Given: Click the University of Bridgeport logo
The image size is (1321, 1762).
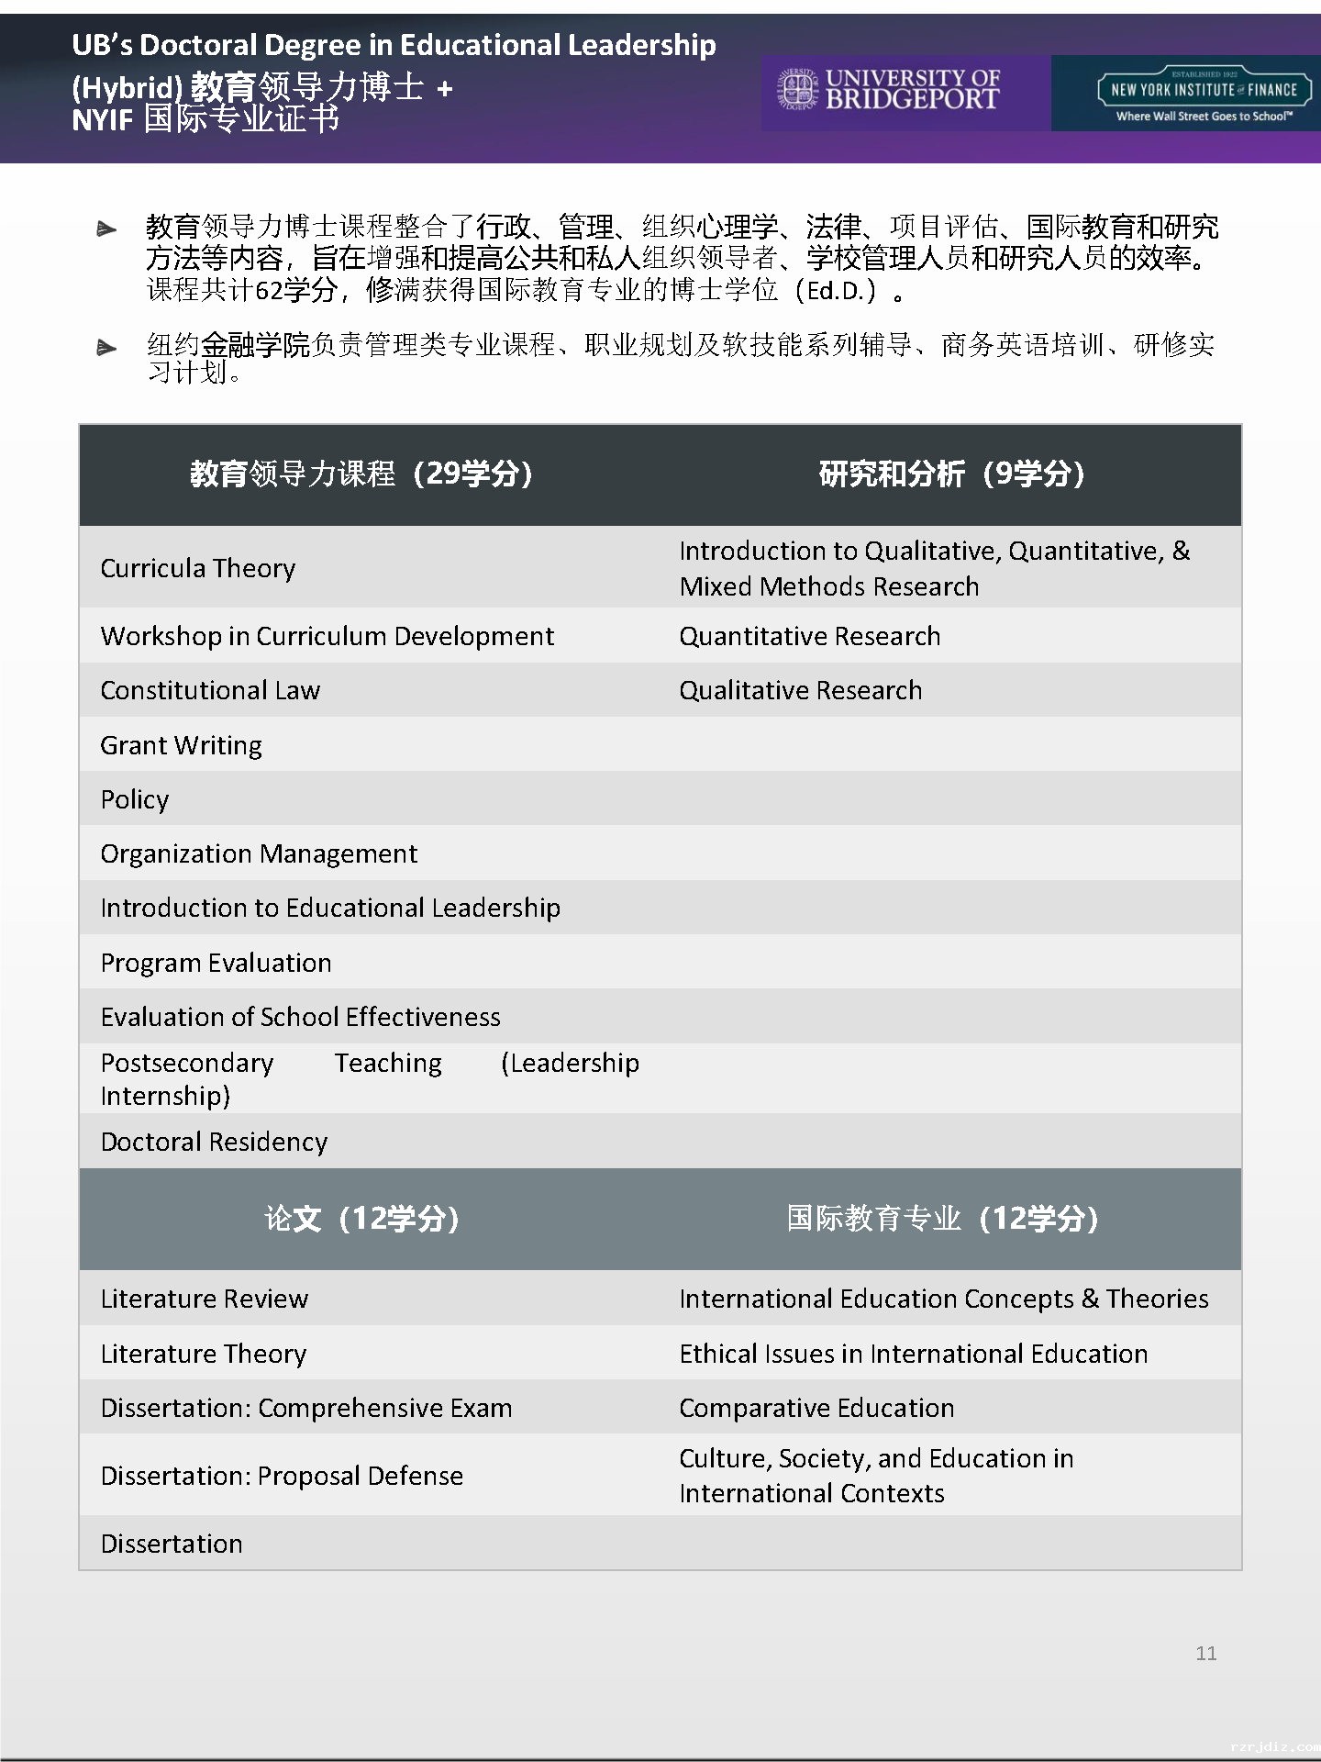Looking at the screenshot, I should click(889, 91).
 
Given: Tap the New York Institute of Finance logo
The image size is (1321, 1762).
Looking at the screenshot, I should click(1204, 93).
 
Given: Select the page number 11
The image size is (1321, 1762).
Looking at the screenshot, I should click(1205, 1653).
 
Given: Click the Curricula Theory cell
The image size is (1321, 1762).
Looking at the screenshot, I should click(198, 568).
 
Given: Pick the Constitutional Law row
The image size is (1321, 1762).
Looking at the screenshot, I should click(210, 690).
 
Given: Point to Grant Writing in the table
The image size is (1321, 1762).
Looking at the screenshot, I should click(181, 745).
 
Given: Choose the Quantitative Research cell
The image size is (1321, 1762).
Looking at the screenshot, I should click(809, 636).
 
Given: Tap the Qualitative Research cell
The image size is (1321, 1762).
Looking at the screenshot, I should click(800, 690).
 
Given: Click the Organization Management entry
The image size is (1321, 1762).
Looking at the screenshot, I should click(259, 853).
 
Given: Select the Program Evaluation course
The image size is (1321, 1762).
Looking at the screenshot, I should click(216, 963).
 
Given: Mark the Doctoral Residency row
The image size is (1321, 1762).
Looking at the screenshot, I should click(214, 1142).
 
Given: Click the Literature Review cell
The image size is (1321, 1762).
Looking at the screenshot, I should click(204, 1299).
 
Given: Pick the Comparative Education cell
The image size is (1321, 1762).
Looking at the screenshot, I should click(816, 1408).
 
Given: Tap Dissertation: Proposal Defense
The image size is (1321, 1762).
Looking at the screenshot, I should click(282, 1476).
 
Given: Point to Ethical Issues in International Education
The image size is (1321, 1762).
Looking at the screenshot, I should click(913, 1354).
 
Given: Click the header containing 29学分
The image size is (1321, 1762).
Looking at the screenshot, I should click(361, 474).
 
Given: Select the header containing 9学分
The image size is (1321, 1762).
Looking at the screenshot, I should click(951, 474).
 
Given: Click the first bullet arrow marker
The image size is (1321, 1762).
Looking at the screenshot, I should click(106, 229).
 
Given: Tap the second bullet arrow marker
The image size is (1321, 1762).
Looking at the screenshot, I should click(106, 348).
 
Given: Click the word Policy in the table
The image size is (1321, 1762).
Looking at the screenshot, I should click(135, 799).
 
